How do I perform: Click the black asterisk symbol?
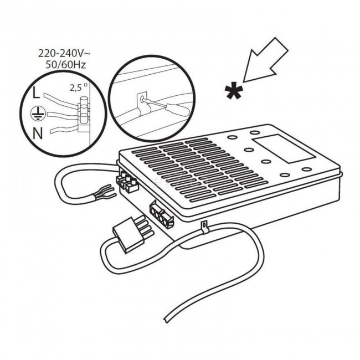click(x=234, y=91)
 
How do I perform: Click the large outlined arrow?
click(x=266, y=60)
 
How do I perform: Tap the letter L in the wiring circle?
click(x=36, y=92)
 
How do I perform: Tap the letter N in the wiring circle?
click(x=38, y=133)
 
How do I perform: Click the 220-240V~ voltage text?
click(x=64, y=54)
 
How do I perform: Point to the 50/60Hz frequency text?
click(x=66, y=65)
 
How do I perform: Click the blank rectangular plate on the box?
click(x=284, y=149)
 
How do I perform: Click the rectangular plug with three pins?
click(x=132, y=234)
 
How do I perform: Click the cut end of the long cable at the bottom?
click(x=166, y=320)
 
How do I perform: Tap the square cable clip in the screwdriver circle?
click(x=142, y=102)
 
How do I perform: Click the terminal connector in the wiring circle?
click(x=83, y=114)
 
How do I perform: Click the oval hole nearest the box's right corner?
click(x=306, y=169)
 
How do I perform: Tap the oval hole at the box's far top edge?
click(x=255, y=132)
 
